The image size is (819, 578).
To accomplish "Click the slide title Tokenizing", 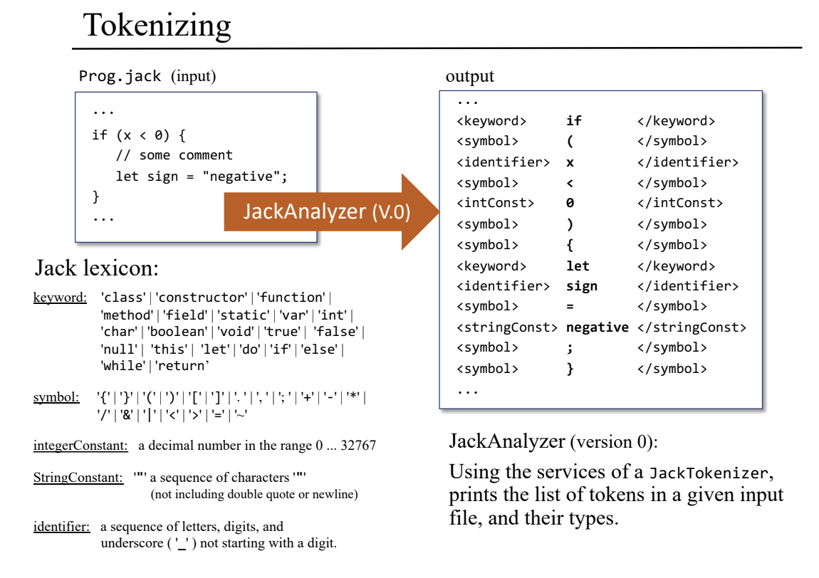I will pos(157,26).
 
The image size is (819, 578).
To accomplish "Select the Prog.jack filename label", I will pos(120,76).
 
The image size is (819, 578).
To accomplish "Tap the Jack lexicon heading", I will pos(96,268).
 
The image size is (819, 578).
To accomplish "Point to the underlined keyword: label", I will pos(60,298).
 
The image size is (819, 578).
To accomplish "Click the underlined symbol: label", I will pos(56,397).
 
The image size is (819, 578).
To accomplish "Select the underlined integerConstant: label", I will pos(80,446).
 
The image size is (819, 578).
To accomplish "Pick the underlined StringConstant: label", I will pos(78,478).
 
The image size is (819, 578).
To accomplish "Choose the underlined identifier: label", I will pos(61,527).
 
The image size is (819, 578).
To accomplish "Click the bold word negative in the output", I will pos(597,327).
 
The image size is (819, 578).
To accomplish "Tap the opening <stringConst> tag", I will pos(507,327).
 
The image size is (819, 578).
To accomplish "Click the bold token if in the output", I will pos(574,121).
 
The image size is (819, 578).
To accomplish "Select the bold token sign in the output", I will pos(582,286).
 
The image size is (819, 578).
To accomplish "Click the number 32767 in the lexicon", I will pos(358,446).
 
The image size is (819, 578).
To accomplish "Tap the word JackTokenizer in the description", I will pos(709,473).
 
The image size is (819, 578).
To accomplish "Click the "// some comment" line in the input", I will pos(174,155).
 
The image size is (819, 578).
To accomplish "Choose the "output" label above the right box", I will pos(469,76).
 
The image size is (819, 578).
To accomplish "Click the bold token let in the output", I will pos(578,266).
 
